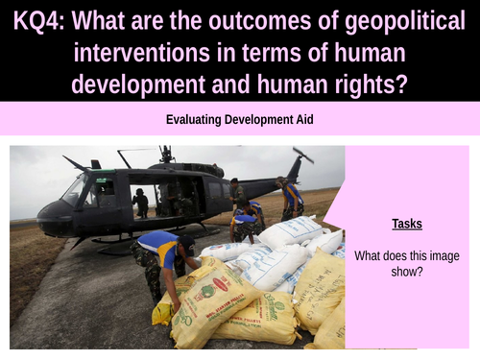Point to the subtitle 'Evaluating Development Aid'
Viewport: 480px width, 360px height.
tap(239, 121)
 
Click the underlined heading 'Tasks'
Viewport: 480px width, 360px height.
tap(406, 224)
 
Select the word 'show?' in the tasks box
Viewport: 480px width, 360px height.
tap(406, 272)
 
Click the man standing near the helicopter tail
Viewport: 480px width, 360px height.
tap(292, 199)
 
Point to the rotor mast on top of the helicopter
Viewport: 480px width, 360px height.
tap(166, 154)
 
